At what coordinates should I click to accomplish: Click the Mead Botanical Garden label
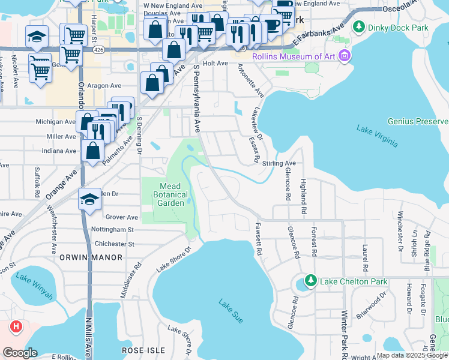[x=166, y=194]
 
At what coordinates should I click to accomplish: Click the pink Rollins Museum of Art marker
[x=344, y=57]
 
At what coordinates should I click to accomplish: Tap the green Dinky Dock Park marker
[x=359, y=26]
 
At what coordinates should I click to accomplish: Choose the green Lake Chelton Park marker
[x=310, y=280]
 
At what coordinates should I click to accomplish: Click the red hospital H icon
[x=16, y=327]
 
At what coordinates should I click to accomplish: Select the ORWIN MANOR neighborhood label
[x=91, y=257]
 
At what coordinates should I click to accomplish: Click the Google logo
[x=20, y=353]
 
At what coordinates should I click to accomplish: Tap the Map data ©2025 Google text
[x=412, y=356]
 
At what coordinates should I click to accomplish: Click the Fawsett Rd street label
[x=259, y=239]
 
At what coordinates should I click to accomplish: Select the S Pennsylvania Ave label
[x=196, y=99]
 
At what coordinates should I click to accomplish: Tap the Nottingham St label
[x=113, y=230]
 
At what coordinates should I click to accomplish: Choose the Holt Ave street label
[x=215, y=63]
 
